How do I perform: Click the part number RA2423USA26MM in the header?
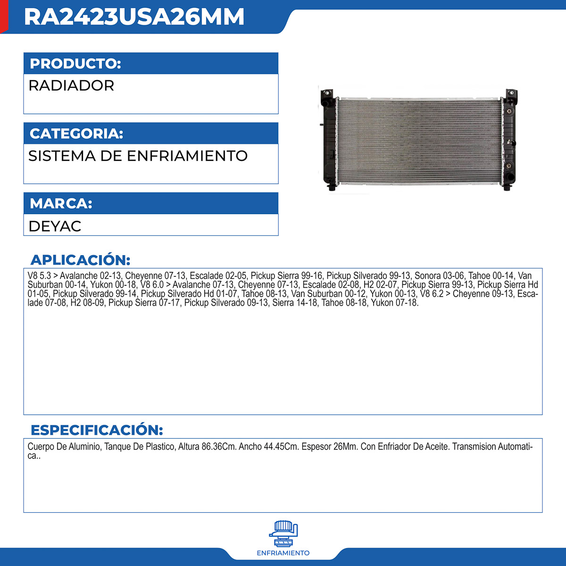(x=134, y=17)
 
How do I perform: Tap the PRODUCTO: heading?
(x=75, y=64)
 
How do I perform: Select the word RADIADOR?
(x=71, y=86)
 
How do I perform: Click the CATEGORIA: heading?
(x=76, y=133)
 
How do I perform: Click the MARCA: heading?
(x=61, y=203)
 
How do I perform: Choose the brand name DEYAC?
(x=55, y=226)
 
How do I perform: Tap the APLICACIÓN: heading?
(x=80, y=260)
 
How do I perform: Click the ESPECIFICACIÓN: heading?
(x=97, y=430)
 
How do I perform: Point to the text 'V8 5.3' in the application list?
(x=39, y=276)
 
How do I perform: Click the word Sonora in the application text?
(x=427, y=276)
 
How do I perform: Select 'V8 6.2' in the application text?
(x=432, y=294)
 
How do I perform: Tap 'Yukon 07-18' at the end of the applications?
(x=394, y=303)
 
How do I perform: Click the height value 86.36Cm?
(x=219, y=447)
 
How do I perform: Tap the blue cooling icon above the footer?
(x=283, y=533)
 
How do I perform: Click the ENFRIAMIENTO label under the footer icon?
(x=283, y=553)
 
